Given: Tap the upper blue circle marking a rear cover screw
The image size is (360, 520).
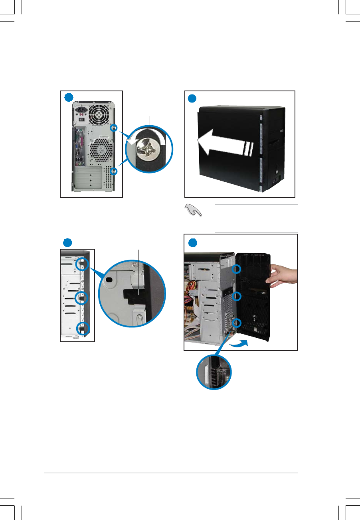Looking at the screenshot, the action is (114, 128).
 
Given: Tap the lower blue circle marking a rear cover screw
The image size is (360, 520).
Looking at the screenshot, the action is (114, 171).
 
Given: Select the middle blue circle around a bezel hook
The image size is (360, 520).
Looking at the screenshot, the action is (82, 297).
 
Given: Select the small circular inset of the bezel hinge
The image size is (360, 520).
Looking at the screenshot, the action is (214, 373).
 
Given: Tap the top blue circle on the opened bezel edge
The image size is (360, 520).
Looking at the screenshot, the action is (237, 269).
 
